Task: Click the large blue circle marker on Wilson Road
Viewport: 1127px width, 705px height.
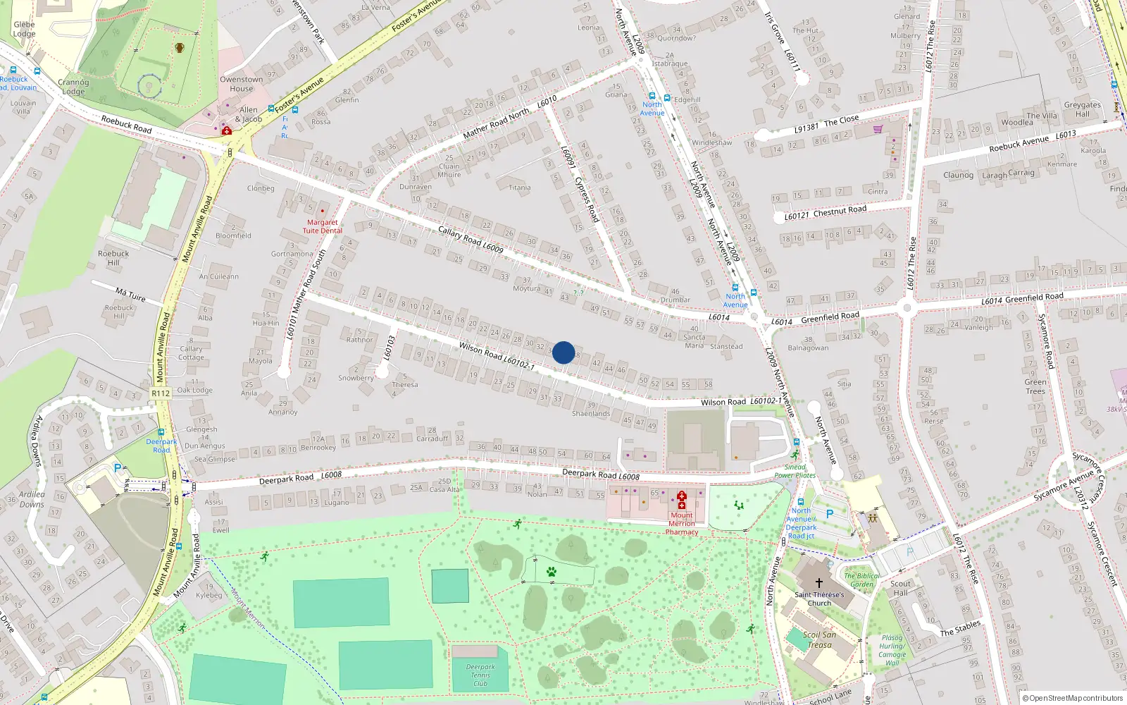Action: [x=563, y=352]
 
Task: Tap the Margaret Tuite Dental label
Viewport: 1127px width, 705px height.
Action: [x=323, y=226]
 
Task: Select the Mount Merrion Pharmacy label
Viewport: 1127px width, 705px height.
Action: [x=682, y=524]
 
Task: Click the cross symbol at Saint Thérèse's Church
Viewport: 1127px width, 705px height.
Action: [x=818, y=583]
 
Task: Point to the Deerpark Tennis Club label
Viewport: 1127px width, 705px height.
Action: [x=480, y=675]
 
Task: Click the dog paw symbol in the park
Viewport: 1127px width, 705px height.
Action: [x=551, y=572]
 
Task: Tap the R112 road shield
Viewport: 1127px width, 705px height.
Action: [x=161, y=393]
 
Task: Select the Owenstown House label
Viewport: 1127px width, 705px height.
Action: [x=241, y=84]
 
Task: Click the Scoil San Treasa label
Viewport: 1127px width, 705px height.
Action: [x=820, y=639]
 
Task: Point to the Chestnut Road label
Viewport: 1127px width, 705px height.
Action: [x=840, y=211]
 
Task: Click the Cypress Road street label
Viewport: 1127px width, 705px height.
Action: [x=586, y=200]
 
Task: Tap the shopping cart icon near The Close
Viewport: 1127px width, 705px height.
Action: [x=878, y=129]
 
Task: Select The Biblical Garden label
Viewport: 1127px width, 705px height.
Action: [x=861, y=580]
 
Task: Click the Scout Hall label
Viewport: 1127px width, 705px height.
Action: [x=900, y=588]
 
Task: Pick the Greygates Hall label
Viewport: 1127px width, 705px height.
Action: [x=1082, y=109]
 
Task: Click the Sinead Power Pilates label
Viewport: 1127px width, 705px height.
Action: [x=795, y=471]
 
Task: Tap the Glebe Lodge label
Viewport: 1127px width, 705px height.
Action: [x=24, y=29]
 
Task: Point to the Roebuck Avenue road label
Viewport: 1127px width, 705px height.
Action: [x=1019, y=144]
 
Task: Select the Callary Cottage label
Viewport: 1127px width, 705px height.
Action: [x=191, y=352]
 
